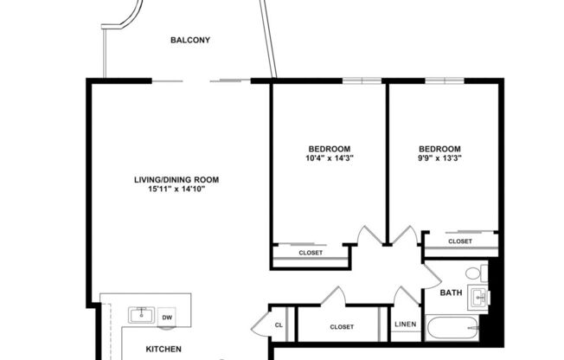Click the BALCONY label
point(190,40)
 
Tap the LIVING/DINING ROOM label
point(176,180)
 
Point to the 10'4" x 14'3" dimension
point(329,157)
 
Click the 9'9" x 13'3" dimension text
point(439,157)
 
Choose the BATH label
point(451,292)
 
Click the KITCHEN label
point(163,349)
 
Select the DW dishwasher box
point(167,317)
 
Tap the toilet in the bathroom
point(474,273)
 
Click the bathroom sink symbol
point(477,299)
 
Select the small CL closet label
point(279,325)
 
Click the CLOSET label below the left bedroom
point(311,253)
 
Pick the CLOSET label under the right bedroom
point(459,241)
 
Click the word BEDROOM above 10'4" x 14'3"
point(329,148)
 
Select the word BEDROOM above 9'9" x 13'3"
point(439,148)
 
